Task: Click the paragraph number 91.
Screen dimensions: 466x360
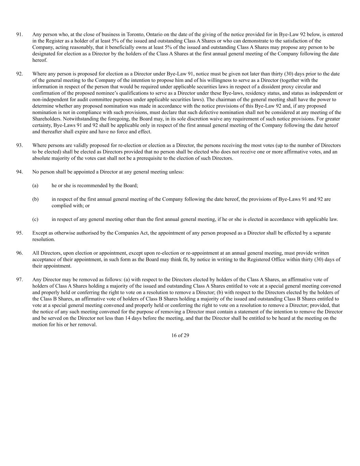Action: click(x=19, y=34)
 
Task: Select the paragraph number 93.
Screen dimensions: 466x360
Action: click(x=19, y=145)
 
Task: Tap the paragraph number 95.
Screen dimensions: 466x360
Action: click(x=19, y=233)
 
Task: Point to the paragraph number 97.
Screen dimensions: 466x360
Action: click(x=19, y=280)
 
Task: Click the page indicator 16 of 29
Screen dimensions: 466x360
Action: click(x=180, y=336)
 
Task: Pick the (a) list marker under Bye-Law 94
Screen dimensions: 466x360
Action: click(x=35, y=186)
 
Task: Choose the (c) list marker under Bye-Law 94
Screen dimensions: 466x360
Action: click(x=35, y=220)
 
